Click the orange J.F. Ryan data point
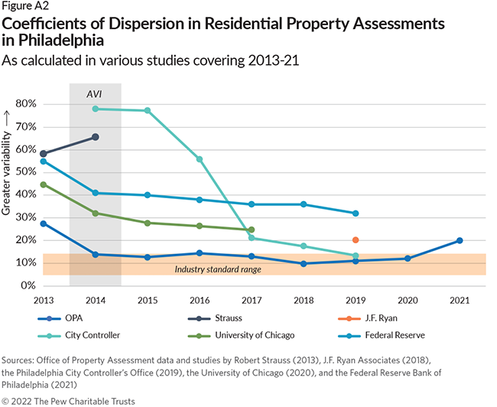pyautogui.click(x=356, y=240)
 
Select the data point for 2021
pyautogui.click(x=460, y=240)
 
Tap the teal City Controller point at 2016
pyautogui.click(x=200, y=159)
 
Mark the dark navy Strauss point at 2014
pyautogui.click(x=96, y=137)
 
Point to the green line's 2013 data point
pyautogui.click(x=43, y=184)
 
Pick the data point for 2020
pyautogui.click(x=408, y=259)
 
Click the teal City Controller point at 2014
pyautogui.click(x=96, y=109)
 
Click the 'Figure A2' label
pyautogui.click(x=27, y=7)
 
